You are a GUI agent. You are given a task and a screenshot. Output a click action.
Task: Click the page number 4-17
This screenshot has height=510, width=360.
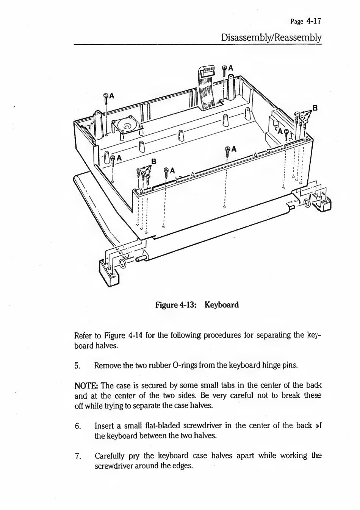coord(314,21)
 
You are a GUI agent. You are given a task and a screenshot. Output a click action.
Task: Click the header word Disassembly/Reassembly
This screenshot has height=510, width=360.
coord(271,37)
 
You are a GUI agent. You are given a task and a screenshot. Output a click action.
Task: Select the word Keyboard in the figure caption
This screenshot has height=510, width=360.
coord(222,305)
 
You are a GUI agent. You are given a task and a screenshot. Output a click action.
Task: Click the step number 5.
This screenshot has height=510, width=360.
coord(77,366)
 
